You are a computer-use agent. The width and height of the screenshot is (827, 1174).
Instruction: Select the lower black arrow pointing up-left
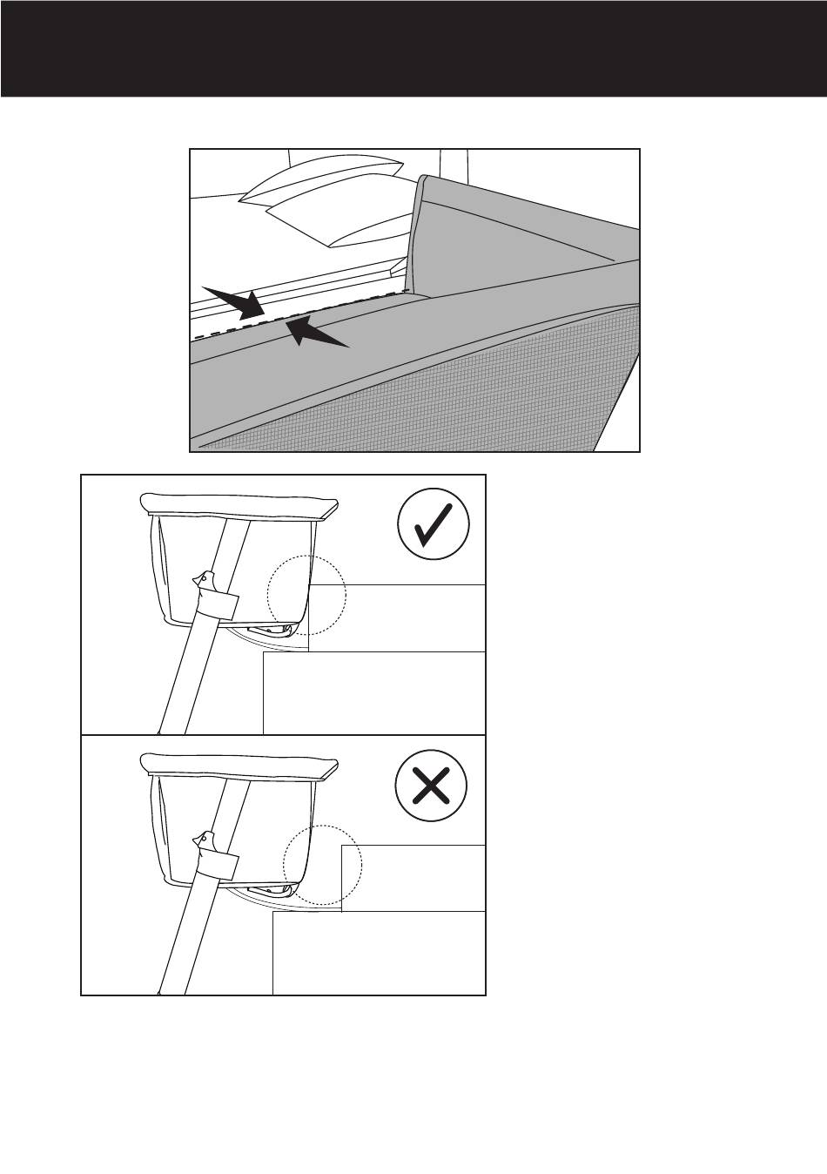(x=318, y=332)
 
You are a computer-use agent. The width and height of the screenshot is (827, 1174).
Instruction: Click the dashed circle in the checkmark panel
(x=306, y=596)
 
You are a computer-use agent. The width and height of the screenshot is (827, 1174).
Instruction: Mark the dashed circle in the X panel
(x=322, y=865)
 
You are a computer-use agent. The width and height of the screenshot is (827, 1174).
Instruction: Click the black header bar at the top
(x=413, y=48)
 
